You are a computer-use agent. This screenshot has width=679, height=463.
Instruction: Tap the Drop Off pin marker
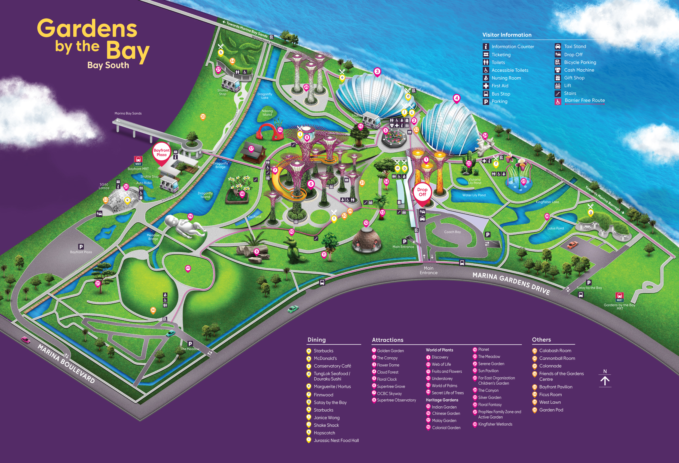pos(422,193)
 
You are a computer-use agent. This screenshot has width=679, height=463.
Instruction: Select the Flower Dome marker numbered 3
pos(377,72)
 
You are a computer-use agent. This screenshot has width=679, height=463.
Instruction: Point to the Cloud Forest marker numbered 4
pos(457,98)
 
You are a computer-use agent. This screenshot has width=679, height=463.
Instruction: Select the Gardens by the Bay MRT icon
pos(619,297)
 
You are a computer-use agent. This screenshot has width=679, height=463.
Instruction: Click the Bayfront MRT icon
pos(138,160)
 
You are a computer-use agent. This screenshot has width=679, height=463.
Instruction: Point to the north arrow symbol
pos(605,380)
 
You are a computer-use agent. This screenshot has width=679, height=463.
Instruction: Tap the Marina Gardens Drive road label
pos(511,283)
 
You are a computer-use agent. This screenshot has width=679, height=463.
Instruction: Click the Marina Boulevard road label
pos(66,364)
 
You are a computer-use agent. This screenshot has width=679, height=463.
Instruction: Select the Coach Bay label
pos(452,232)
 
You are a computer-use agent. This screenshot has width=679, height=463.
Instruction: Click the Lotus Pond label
pos(555,228)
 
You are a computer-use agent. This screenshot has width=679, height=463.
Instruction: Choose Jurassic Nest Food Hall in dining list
pos(336,440)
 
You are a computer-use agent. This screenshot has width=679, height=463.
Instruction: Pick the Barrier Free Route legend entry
pos(584,100)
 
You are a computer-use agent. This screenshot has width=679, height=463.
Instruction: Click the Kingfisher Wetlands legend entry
pos(495,424)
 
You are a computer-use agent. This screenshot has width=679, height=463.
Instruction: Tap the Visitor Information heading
pos(507,35)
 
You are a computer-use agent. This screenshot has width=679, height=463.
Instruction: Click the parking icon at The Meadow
pos(190,344)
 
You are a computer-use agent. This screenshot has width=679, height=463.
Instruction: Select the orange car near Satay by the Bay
pos(572,245)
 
